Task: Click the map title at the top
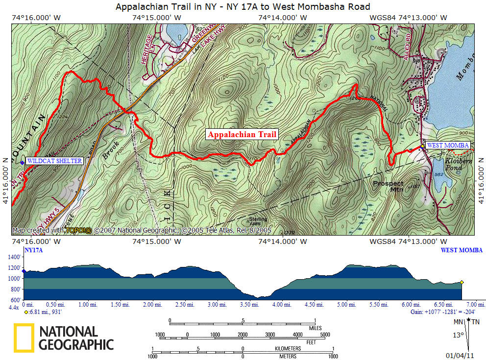(x=243, y=7)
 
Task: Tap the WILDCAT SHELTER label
(x=54, y=161)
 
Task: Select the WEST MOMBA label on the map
(x=448, y=145)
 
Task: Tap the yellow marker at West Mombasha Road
(x=422, y=146)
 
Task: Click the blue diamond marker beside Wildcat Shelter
(x=22, y=162)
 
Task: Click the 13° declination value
(x=458, y=336)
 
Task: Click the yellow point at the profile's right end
(x=462, y=282)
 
